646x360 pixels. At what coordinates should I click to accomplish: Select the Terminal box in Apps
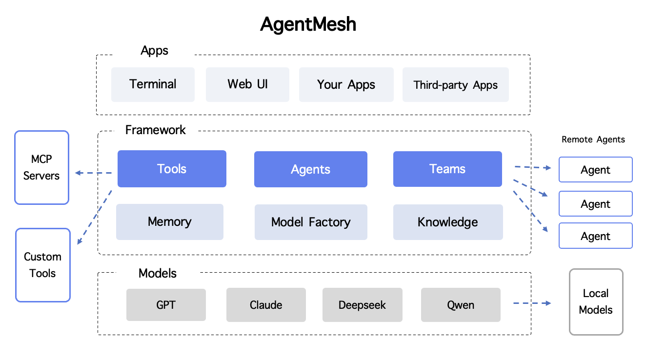(x=153, y=84)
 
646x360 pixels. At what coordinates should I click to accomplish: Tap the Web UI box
(x=247, y=84)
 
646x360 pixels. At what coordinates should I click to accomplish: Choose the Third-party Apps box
(x=455, y=85)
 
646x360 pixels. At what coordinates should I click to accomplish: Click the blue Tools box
(x=172, y=169)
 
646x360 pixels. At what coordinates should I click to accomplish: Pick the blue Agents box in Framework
(x=310, y=169)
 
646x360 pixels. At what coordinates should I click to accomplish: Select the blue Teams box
(x=447, y=169)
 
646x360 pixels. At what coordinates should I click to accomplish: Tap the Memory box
(x=169, y=222)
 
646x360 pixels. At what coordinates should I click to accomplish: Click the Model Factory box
(x=311, y=222)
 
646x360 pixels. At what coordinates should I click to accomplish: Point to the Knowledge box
(x=447, y=222)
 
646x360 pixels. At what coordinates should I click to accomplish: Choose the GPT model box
(x=166, y=305)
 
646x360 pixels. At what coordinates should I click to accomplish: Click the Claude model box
(x=266, y=305)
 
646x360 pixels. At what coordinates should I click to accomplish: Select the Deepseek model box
(x=362, y=305)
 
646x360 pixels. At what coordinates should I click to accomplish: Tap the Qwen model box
(x=461, y=305)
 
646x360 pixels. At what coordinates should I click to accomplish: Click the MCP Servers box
(x=41, y=167)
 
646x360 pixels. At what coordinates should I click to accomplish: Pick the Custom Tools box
(x=42, y=265)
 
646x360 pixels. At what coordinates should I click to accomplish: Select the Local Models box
(x=596, y=302)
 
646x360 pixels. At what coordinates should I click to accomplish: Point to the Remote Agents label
(x=593, y=140)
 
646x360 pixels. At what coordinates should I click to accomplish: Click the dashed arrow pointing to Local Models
(x=531, y=303)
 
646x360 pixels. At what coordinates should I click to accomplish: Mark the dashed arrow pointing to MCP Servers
(x=93, y=173)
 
